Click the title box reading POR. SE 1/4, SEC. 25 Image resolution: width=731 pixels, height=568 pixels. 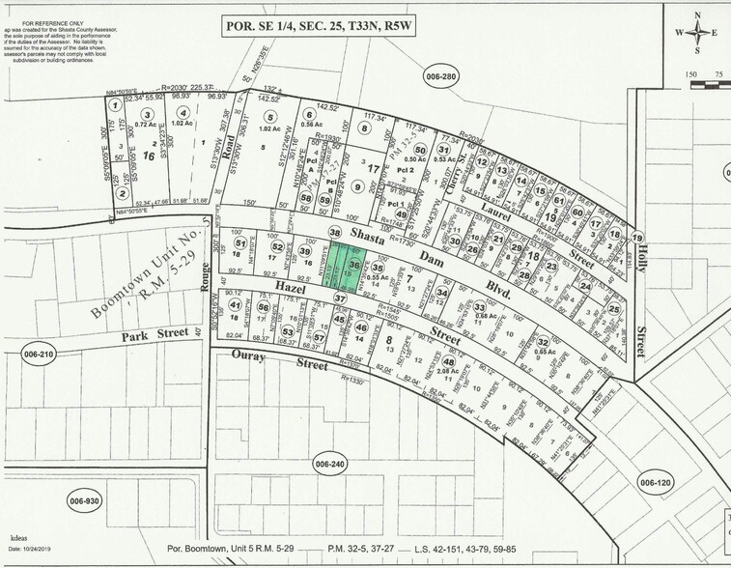pyautogui.click(x=319, y=26)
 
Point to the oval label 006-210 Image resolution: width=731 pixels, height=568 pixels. pyautogui.click(x=35, y=355)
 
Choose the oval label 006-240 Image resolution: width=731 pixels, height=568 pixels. pyautogui.click(x=329, y=465)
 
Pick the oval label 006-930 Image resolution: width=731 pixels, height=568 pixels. pyautogui.click(x=84, y=501)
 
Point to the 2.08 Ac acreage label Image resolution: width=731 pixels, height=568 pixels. pyautogui.click(x=447, y=371)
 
